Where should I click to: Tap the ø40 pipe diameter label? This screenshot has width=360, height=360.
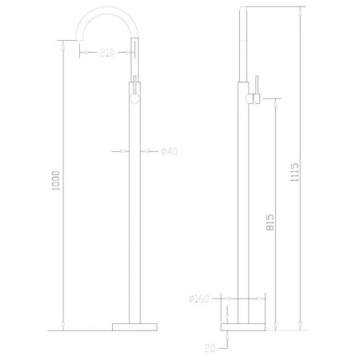[x=169, y=150]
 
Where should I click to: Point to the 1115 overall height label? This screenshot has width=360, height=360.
[x=294, y=170]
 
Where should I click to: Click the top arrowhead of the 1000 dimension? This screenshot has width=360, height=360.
[x=62, y=42]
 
